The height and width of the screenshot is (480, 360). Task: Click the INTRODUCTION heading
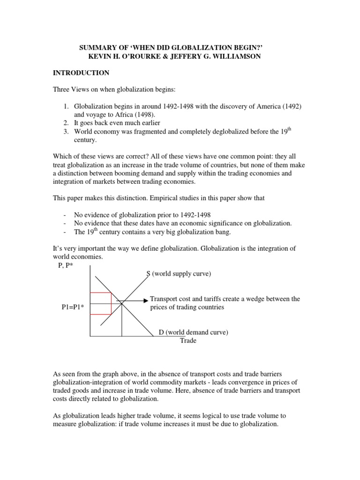(81, 73)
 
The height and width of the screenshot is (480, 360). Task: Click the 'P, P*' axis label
(66, 265)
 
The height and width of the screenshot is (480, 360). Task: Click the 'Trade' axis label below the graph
(188, 341)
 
